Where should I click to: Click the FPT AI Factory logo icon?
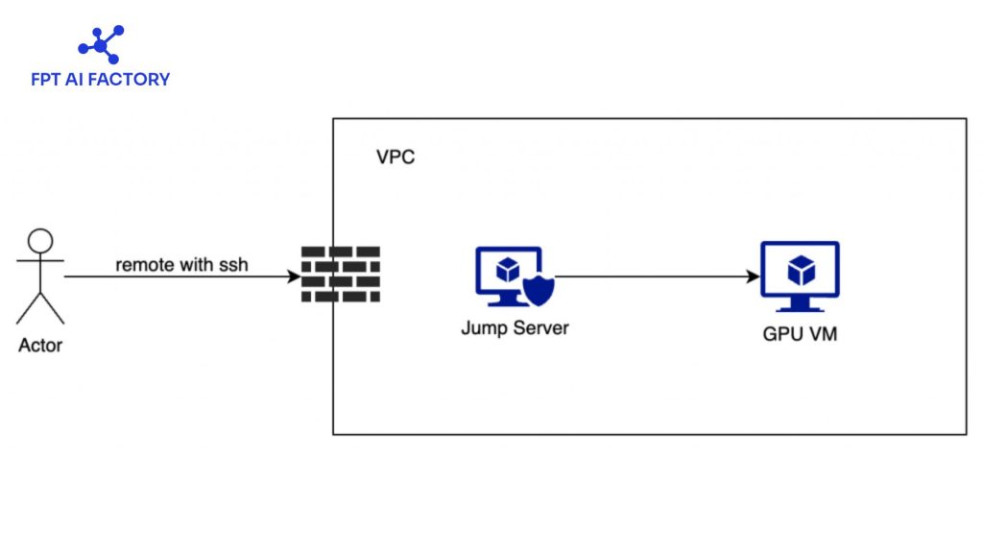(x=100, y=45)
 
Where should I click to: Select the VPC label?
(x=396, y=157)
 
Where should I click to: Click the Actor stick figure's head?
(x=40, y=241)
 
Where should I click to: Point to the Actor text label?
(x=40, y=345)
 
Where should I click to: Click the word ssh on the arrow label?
(x=234, y=264)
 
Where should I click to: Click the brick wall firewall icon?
(x=340, y=275)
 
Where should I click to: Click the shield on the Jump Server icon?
(x=539, y=289)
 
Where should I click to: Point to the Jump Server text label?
(x=515, y=328)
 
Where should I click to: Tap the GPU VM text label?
(x=800, y=335)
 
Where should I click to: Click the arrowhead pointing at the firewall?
(x=293, y=277)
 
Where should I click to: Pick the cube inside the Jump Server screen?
(x=507, y=268)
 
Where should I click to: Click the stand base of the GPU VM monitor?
(x=800, y=308)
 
